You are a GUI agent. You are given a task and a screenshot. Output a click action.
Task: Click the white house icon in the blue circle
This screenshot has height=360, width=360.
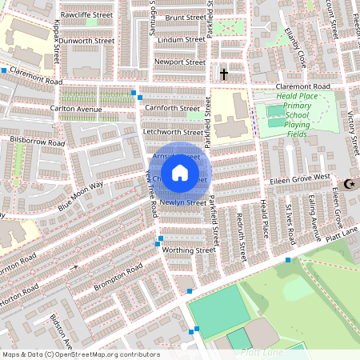pyautogui.click(x=180, y=173)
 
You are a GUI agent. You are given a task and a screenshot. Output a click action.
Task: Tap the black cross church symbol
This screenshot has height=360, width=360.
pyautogui.click(x=223, y=74)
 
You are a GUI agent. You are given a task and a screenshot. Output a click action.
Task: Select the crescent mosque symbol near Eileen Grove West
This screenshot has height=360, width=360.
pyautogui.click(x=348, y=185)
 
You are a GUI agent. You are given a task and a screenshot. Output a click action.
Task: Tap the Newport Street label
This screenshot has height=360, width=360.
pyautogui.click(x=180, y=62)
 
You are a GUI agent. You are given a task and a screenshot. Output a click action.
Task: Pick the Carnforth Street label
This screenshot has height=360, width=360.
pyautogui.click(x=174, y=108)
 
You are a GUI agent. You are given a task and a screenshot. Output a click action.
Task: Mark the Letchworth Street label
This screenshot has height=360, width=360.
pyautogui.click(x=174, y=132)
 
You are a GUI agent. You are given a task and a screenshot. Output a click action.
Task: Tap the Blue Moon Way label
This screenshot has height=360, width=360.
pyautogui.click(x=81, y=196)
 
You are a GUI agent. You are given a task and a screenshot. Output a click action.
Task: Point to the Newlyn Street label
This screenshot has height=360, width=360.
pyautogui.click(x=183, y=202)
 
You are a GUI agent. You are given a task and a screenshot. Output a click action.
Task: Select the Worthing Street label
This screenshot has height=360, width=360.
pyautogui.click(x=190, y=250)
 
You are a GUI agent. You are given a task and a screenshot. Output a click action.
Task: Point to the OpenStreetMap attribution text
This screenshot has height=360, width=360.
pyautogui.click(x=80, y=354)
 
